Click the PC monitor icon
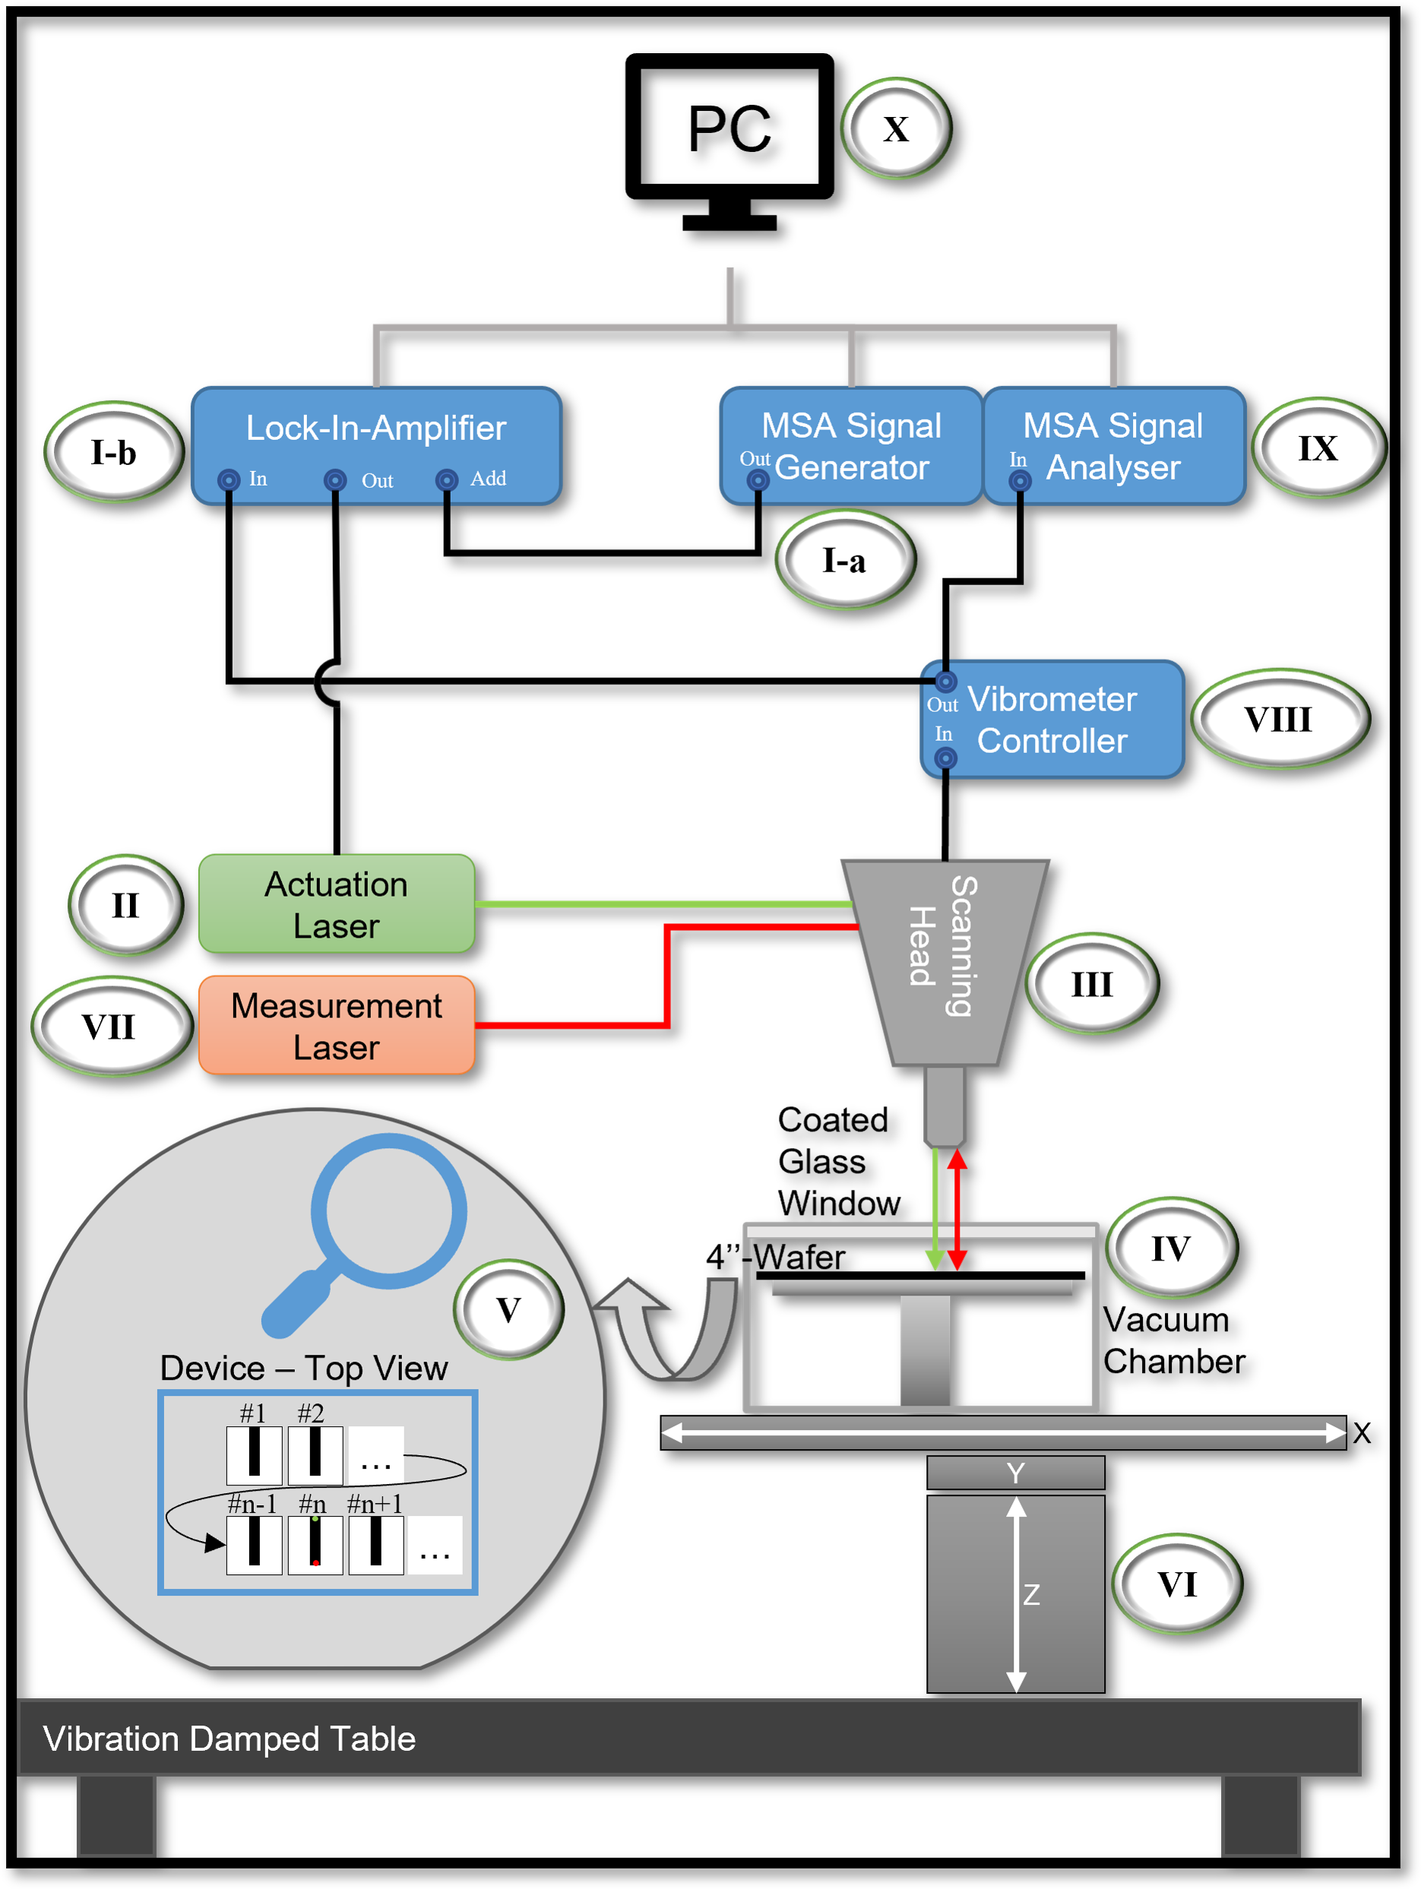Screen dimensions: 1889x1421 729,137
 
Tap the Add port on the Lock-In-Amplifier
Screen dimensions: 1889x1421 447,480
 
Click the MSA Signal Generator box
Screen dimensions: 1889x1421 850,444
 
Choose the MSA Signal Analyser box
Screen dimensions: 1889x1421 1113,444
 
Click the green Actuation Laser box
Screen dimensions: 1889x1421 336,903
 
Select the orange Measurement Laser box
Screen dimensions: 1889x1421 336,1025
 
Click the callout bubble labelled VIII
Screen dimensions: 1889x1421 1278,719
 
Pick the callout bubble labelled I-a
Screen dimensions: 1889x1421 843,560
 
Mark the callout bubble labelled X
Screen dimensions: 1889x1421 896,129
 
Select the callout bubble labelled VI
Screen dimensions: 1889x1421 1177,1584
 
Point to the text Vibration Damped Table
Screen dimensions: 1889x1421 229,1738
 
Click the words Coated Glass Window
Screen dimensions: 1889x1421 837,1161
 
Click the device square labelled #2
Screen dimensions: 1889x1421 315,1454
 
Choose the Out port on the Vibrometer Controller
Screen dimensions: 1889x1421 945,682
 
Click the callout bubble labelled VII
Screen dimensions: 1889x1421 109,1027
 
